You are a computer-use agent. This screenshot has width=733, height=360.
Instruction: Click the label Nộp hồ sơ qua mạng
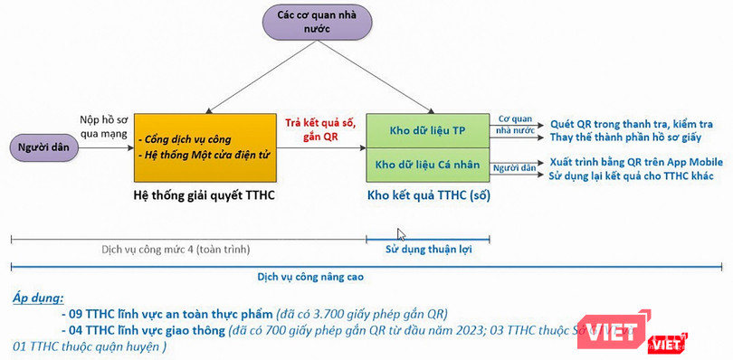click(x=101, y=125)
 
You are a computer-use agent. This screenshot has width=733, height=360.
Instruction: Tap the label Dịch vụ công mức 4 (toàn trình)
click(x=176, y=249)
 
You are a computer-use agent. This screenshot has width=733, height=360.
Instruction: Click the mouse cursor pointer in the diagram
click(x=402, y=234)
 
